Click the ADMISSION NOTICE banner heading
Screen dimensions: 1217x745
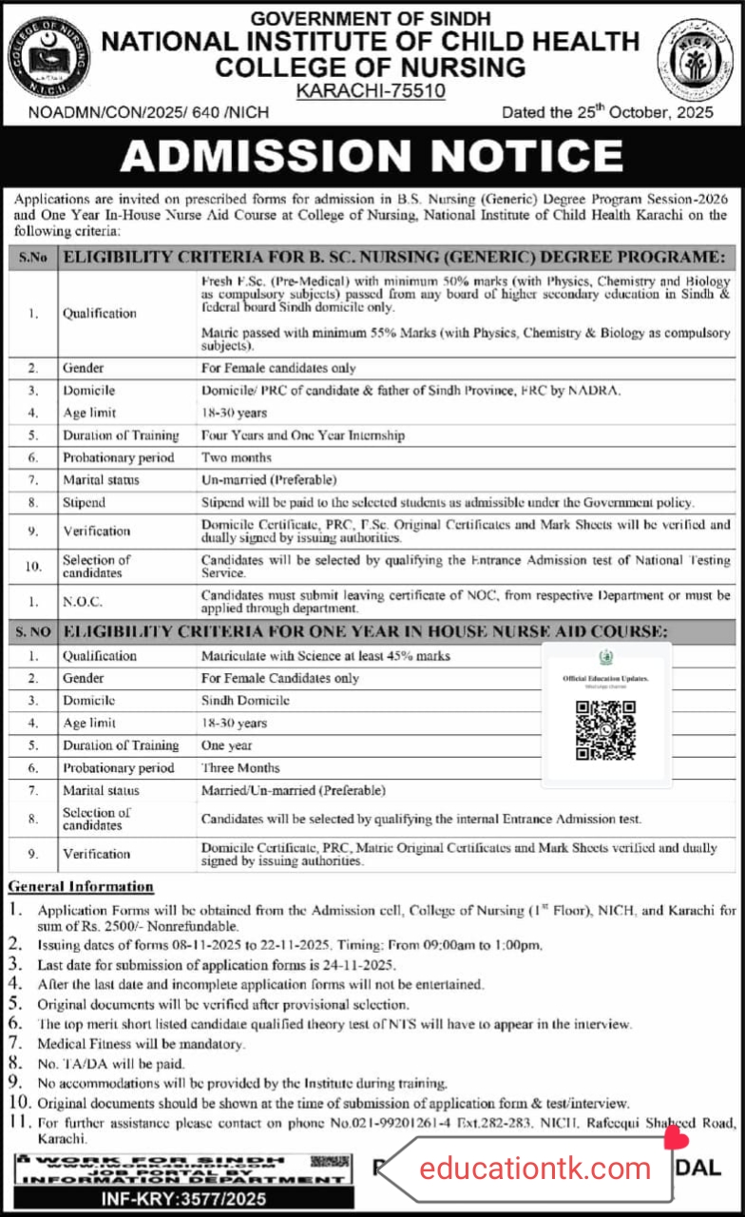(x=372, y=156)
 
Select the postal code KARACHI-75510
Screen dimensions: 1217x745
(x=372, y=90)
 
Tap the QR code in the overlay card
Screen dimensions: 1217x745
(x=605, y=729)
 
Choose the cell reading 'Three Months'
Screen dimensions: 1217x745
(x=240, y=767)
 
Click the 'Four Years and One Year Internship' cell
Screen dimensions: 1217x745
(x=302, y=435)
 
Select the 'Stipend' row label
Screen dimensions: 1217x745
(x=84, y=502)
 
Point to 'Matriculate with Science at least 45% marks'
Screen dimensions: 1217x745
(x=325, y=656)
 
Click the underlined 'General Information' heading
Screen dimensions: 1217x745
(x=81, y=886)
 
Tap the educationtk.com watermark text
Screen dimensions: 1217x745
(x=535, y=1169)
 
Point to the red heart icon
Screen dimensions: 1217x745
(x=675, y=1135)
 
